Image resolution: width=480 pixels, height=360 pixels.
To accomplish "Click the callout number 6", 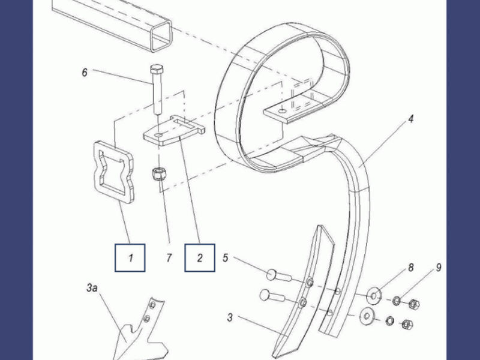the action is [x=85, y=73].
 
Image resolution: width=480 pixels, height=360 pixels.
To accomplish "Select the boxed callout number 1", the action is [x=130, y=258].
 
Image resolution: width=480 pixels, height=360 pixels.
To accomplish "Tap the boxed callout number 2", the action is [x=200, y=258].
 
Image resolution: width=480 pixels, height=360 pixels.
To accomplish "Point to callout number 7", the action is [x=169, y=258].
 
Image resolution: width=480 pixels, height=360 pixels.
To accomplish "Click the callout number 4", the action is [x=411, y=119].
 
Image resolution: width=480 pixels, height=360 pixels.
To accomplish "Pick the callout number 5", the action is [x=226, y=258].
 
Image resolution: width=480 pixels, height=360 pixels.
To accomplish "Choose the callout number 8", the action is [x=410, y=268].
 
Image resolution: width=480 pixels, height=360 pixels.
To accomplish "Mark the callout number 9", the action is [x=439, y=268].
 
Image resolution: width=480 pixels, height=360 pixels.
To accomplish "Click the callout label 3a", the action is [x=92, y=288].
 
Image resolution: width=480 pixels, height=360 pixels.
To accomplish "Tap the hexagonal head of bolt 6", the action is [x=157, y=69].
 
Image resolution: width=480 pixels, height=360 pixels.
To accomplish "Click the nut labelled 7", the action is [x=158, y=175].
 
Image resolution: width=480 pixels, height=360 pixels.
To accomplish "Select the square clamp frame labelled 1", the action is [x=98, y=172].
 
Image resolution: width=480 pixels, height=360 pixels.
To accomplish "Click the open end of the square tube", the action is [x=161, y=36].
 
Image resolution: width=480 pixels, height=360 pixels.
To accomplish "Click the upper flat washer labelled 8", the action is [x=374, y=296].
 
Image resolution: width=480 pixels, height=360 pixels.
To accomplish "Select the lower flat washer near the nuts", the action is [x=367, y=316].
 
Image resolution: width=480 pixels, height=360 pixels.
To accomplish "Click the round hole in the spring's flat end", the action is [x=283, y=110].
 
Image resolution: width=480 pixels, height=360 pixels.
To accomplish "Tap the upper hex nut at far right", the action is [x=414, y=304].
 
